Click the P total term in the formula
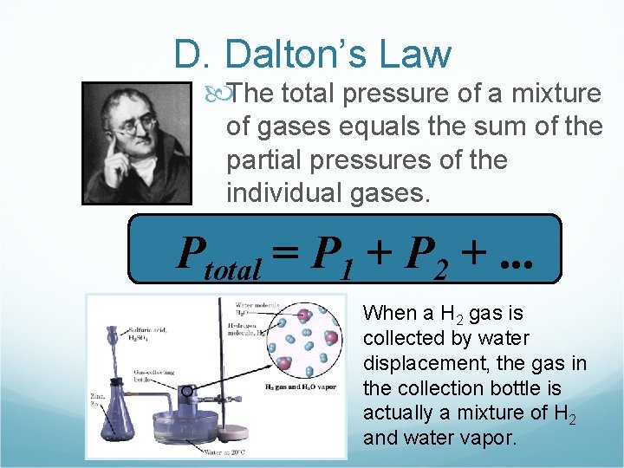point(218,256)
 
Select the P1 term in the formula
point(335,256)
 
